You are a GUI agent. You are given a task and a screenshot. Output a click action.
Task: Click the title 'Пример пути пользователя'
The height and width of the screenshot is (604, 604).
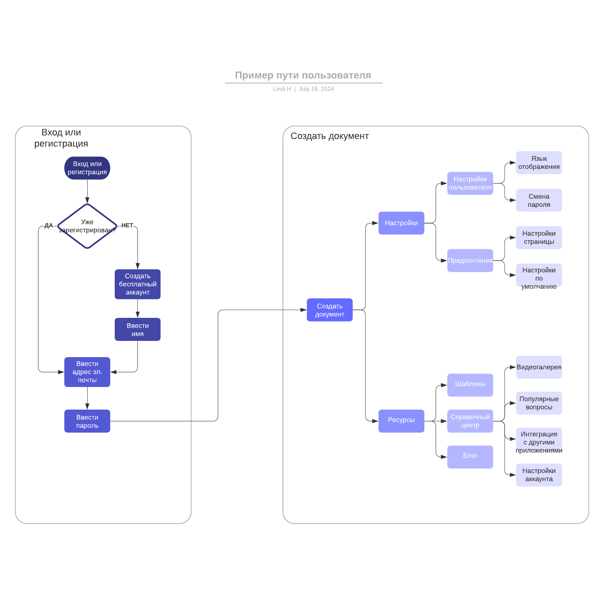pos(303,75)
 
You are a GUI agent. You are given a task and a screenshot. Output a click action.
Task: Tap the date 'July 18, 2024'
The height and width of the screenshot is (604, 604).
pos(316,89)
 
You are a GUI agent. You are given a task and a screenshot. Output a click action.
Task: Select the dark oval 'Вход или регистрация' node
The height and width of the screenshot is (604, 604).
pos(87,168)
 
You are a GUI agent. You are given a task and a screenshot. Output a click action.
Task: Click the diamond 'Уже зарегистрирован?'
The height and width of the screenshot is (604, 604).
pos(87,226)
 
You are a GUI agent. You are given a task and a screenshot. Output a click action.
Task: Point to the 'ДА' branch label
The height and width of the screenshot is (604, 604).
pos(49,226)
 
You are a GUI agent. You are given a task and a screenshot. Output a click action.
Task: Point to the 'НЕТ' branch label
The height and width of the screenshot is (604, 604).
pos(127,225)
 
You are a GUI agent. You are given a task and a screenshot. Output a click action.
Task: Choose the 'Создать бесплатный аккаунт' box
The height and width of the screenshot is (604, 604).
pos(137,284)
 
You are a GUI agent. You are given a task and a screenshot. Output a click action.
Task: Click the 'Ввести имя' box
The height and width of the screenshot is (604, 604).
pos(137,330)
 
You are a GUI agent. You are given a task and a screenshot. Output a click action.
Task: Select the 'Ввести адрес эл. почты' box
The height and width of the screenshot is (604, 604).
pos(87,372)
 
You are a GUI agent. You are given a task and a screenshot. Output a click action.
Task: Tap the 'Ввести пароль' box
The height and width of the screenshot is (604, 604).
pos(87,421)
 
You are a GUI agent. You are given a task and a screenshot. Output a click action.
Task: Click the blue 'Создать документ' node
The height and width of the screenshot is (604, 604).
pos(330,310)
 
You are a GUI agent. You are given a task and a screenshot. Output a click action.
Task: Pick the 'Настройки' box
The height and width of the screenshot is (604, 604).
pos(401,223)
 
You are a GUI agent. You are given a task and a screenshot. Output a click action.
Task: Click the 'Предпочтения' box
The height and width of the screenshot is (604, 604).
pos(470,260)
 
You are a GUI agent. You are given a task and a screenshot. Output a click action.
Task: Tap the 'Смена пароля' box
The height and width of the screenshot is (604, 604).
pos(539,200)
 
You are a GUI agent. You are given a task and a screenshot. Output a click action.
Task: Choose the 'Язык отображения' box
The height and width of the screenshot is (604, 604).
pos(539,163)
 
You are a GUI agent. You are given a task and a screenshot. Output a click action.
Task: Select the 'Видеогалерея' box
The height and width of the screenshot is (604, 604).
pos(539,367)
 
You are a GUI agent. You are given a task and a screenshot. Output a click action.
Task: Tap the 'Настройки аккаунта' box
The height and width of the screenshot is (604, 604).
pos(539,475)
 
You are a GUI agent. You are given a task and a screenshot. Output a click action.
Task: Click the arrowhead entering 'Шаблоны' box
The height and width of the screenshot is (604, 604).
pos(444,385)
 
